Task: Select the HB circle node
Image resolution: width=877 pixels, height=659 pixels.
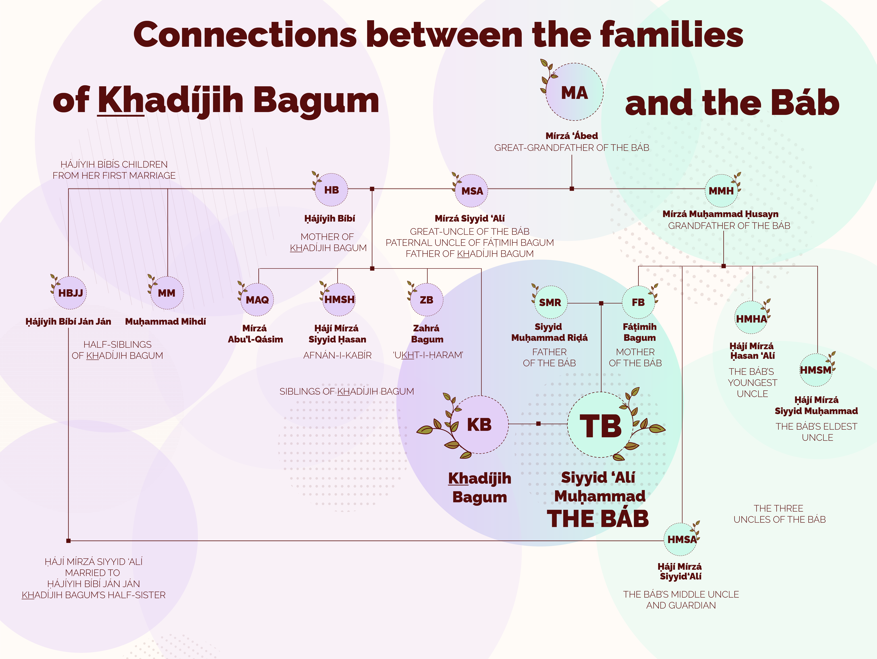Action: [331, 190]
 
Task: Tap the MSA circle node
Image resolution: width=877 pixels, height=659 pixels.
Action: [472, 191]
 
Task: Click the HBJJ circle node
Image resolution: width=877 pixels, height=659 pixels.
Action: [70, 293]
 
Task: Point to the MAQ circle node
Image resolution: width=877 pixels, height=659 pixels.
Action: [257, 300]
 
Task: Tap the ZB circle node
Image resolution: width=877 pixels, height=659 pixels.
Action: [427, 300]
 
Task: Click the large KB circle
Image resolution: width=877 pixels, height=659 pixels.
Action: [479, 425]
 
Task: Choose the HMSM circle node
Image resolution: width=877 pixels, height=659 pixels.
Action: [816, 370]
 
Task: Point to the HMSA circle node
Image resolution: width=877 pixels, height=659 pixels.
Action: [681, 539]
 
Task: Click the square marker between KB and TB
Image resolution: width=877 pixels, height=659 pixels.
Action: [538, 424]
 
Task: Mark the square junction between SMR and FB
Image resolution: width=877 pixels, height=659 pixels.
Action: [601, 303]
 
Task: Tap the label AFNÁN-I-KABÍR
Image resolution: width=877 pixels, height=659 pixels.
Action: [337, 355]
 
